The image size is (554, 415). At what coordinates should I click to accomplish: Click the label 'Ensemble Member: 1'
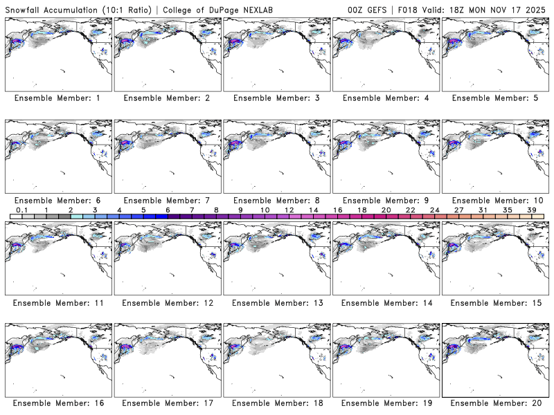tap(57, 98)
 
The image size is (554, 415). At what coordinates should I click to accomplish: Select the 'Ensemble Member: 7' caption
tap(166, 200)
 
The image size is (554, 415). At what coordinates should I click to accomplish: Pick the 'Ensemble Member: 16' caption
tap(57, 403)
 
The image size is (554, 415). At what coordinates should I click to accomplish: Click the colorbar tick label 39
tap(531, 210)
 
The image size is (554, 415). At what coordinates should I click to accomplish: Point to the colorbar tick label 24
tap(434, 210)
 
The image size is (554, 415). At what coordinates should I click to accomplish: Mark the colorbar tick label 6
tap(168, 210)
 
